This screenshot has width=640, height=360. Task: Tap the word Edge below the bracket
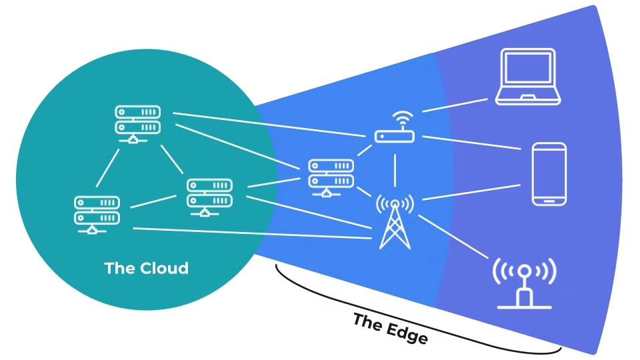(x=407, y=331)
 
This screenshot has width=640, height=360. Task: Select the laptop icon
(x=528, y=77)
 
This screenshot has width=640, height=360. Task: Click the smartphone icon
(x=549, y=174)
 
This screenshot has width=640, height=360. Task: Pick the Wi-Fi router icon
(x=395, y=127)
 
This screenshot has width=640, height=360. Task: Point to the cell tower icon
(x=395, y=221)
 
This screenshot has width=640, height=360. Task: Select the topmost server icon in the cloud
(x=137, y=125)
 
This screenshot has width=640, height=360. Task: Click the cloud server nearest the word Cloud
(x=209, y=197)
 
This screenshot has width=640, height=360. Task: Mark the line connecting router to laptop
(x=455, y=105)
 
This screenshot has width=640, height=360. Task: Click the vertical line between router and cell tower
(x=395, y=171)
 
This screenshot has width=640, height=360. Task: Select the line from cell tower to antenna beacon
(x=453, y=237)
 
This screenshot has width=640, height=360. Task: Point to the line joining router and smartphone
(x=471, y=143)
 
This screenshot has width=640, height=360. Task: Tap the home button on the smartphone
(x=549, y=201)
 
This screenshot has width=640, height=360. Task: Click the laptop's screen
(x=528, y=67)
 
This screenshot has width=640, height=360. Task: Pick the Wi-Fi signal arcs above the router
(x=403, y=117)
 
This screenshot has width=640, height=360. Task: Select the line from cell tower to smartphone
(x=471, y=192)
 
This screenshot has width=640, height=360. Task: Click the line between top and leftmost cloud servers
(x=108, y=168)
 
